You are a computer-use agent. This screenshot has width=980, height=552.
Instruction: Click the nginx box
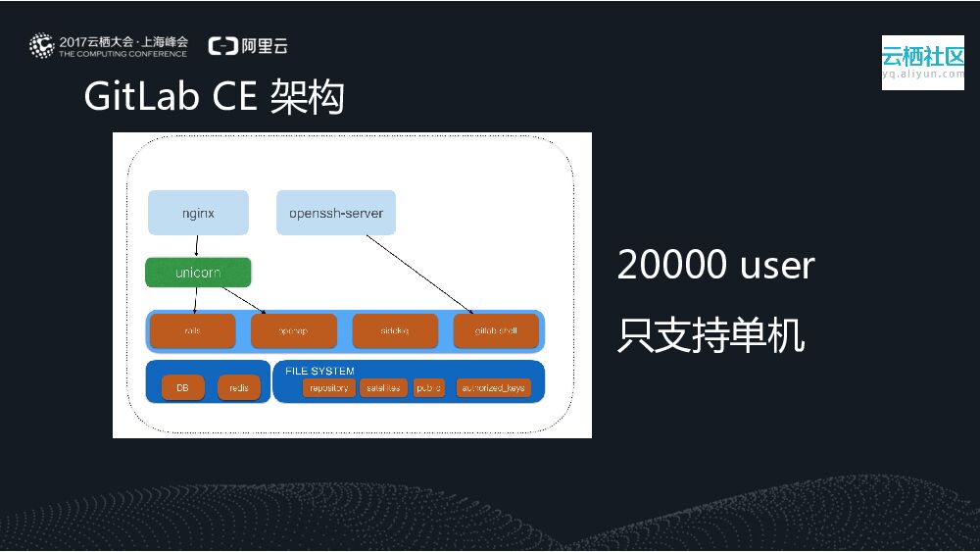coord(198,213)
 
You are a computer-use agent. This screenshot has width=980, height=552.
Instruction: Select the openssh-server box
coord(336,213)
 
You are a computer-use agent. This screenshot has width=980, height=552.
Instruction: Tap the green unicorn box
coord(198,273)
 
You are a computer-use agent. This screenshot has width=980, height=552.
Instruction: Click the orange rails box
coord(193,331)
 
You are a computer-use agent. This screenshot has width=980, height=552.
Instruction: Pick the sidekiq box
coord(394,331)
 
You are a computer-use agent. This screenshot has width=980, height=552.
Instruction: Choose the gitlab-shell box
coord(496,331)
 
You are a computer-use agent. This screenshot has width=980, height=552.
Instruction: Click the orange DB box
coord(182,387)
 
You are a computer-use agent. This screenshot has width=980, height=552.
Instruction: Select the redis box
coord(239,387)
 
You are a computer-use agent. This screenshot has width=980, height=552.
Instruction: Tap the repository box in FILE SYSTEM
coord(328,388)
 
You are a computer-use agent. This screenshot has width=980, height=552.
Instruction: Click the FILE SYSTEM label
coord(320,371)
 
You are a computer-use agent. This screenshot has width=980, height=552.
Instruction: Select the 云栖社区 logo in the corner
coord(922,62)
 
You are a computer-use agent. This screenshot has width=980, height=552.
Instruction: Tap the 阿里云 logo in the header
coord(248,46)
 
